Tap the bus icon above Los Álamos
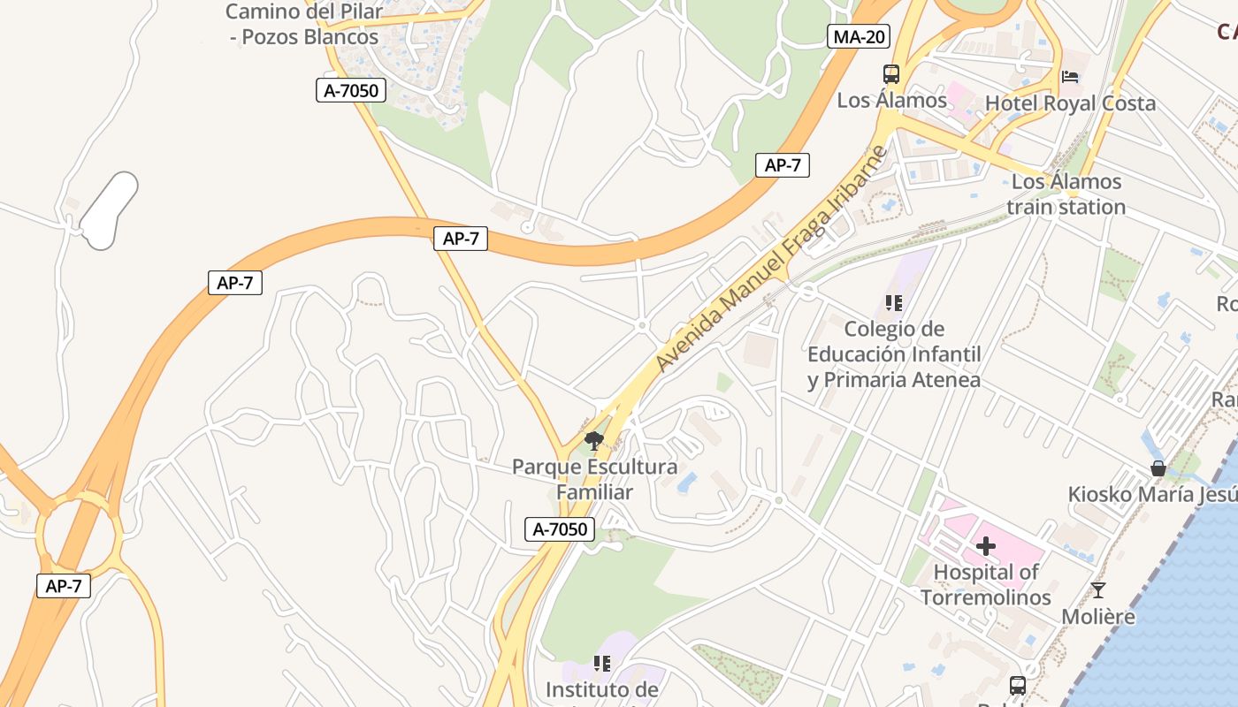coord(890,74)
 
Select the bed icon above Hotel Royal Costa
coord(1070,77)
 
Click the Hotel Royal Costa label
coord(1070,103)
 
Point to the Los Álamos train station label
coord(1066,194)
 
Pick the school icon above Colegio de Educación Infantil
coord(894,303)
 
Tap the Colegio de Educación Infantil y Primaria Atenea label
coord(894,354)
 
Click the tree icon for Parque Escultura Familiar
coord(594,440)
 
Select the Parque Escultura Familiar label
coord(595,479)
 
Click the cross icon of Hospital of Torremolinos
coord(986,546)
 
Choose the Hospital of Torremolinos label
coord(986,584)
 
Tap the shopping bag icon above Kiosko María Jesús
coord(1157,468)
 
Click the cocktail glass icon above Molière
coord(1098,590)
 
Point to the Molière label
coord(1098,617)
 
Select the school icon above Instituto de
coord(602,663)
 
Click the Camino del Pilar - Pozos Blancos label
coord(302,25)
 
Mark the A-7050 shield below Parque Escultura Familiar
coord(562,529)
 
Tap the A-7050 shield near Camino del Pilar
coord(351,89)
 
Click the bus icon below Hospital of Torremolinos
coord(1018,685)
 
